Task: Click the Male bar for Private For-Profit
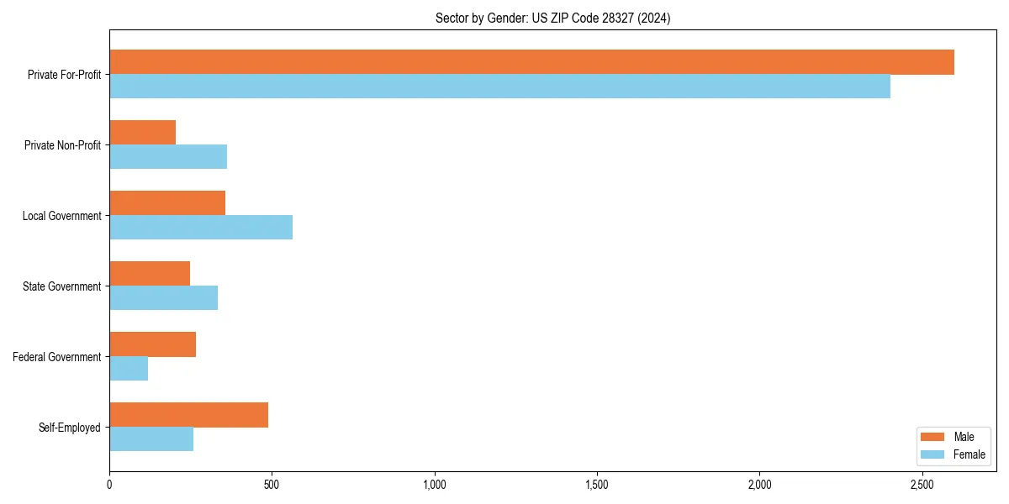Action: coord(531,62)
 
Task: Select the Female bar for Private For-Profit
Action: coord(499,87)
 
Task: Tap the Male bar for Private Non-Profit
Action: coord(142,133)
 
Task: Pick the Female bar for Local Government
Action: coord(201,228)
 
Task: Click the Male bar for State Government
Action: coord(150,274)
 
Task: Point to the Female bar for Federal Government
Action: coord(129,369)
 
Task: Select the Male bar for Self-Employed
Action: coord(188,415)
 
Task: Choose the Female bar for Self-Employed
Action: coord(151,439)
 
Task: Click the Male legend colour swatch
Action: coord(933,437)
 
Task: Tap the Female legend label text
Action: coord(969,454)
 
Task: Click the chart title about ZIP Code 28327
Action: coord(552,18)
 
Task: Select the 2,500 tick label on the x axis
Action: coord(922,485)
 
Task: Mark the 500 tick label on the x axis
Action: coord(272,485)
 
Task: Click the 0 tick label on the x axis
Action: coord(109,485)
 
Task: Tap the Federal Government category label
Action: coord(56,357)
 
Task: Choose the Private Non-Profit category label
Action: coord(62,145)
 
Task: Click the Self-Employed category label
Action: coord(69,428)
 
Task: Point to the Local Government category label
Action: coord(61,216)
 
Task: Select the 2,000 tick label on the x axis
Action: coord(759,485)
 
